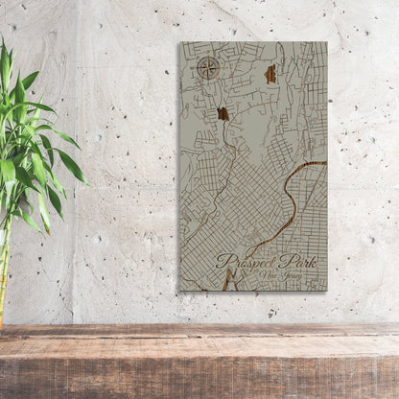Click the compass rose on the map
coord(207,67)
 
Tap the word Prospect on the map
coord(250,259)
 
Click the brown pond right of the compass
coord(270,73)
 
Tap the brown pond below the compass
coord(223,114)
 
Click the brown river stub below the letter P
coord(226,280)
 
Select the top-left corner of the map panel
coord(179,42)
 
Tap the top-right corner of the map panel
coord(326,42)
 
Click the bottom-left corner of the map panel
coord(179,291)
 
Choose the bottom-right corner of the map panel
coord(326,291)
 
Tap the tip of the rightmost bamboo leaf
coord(87,182)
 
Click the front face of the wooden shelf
coord(199,369)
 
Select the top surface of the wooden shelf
coord(199,332)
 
